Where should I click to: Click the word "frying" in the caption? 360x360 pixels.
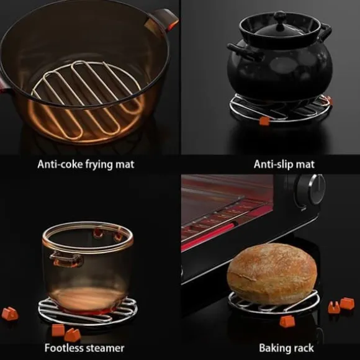click(99, 165)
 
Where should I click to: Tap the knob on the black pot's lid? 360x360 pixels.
click(280, 19)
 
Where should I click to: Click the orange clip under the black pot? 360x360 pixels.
click(264, 121)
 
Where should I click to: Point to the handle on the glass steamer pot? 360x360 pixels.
click(66, 259)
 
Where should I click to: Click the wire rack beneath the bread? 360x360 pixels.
click(274, 302)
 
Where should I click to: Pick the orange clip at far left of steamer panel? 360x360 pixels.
click(10, 313)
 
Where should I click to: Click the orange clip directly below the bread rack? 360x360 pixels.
click(287, 321)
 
